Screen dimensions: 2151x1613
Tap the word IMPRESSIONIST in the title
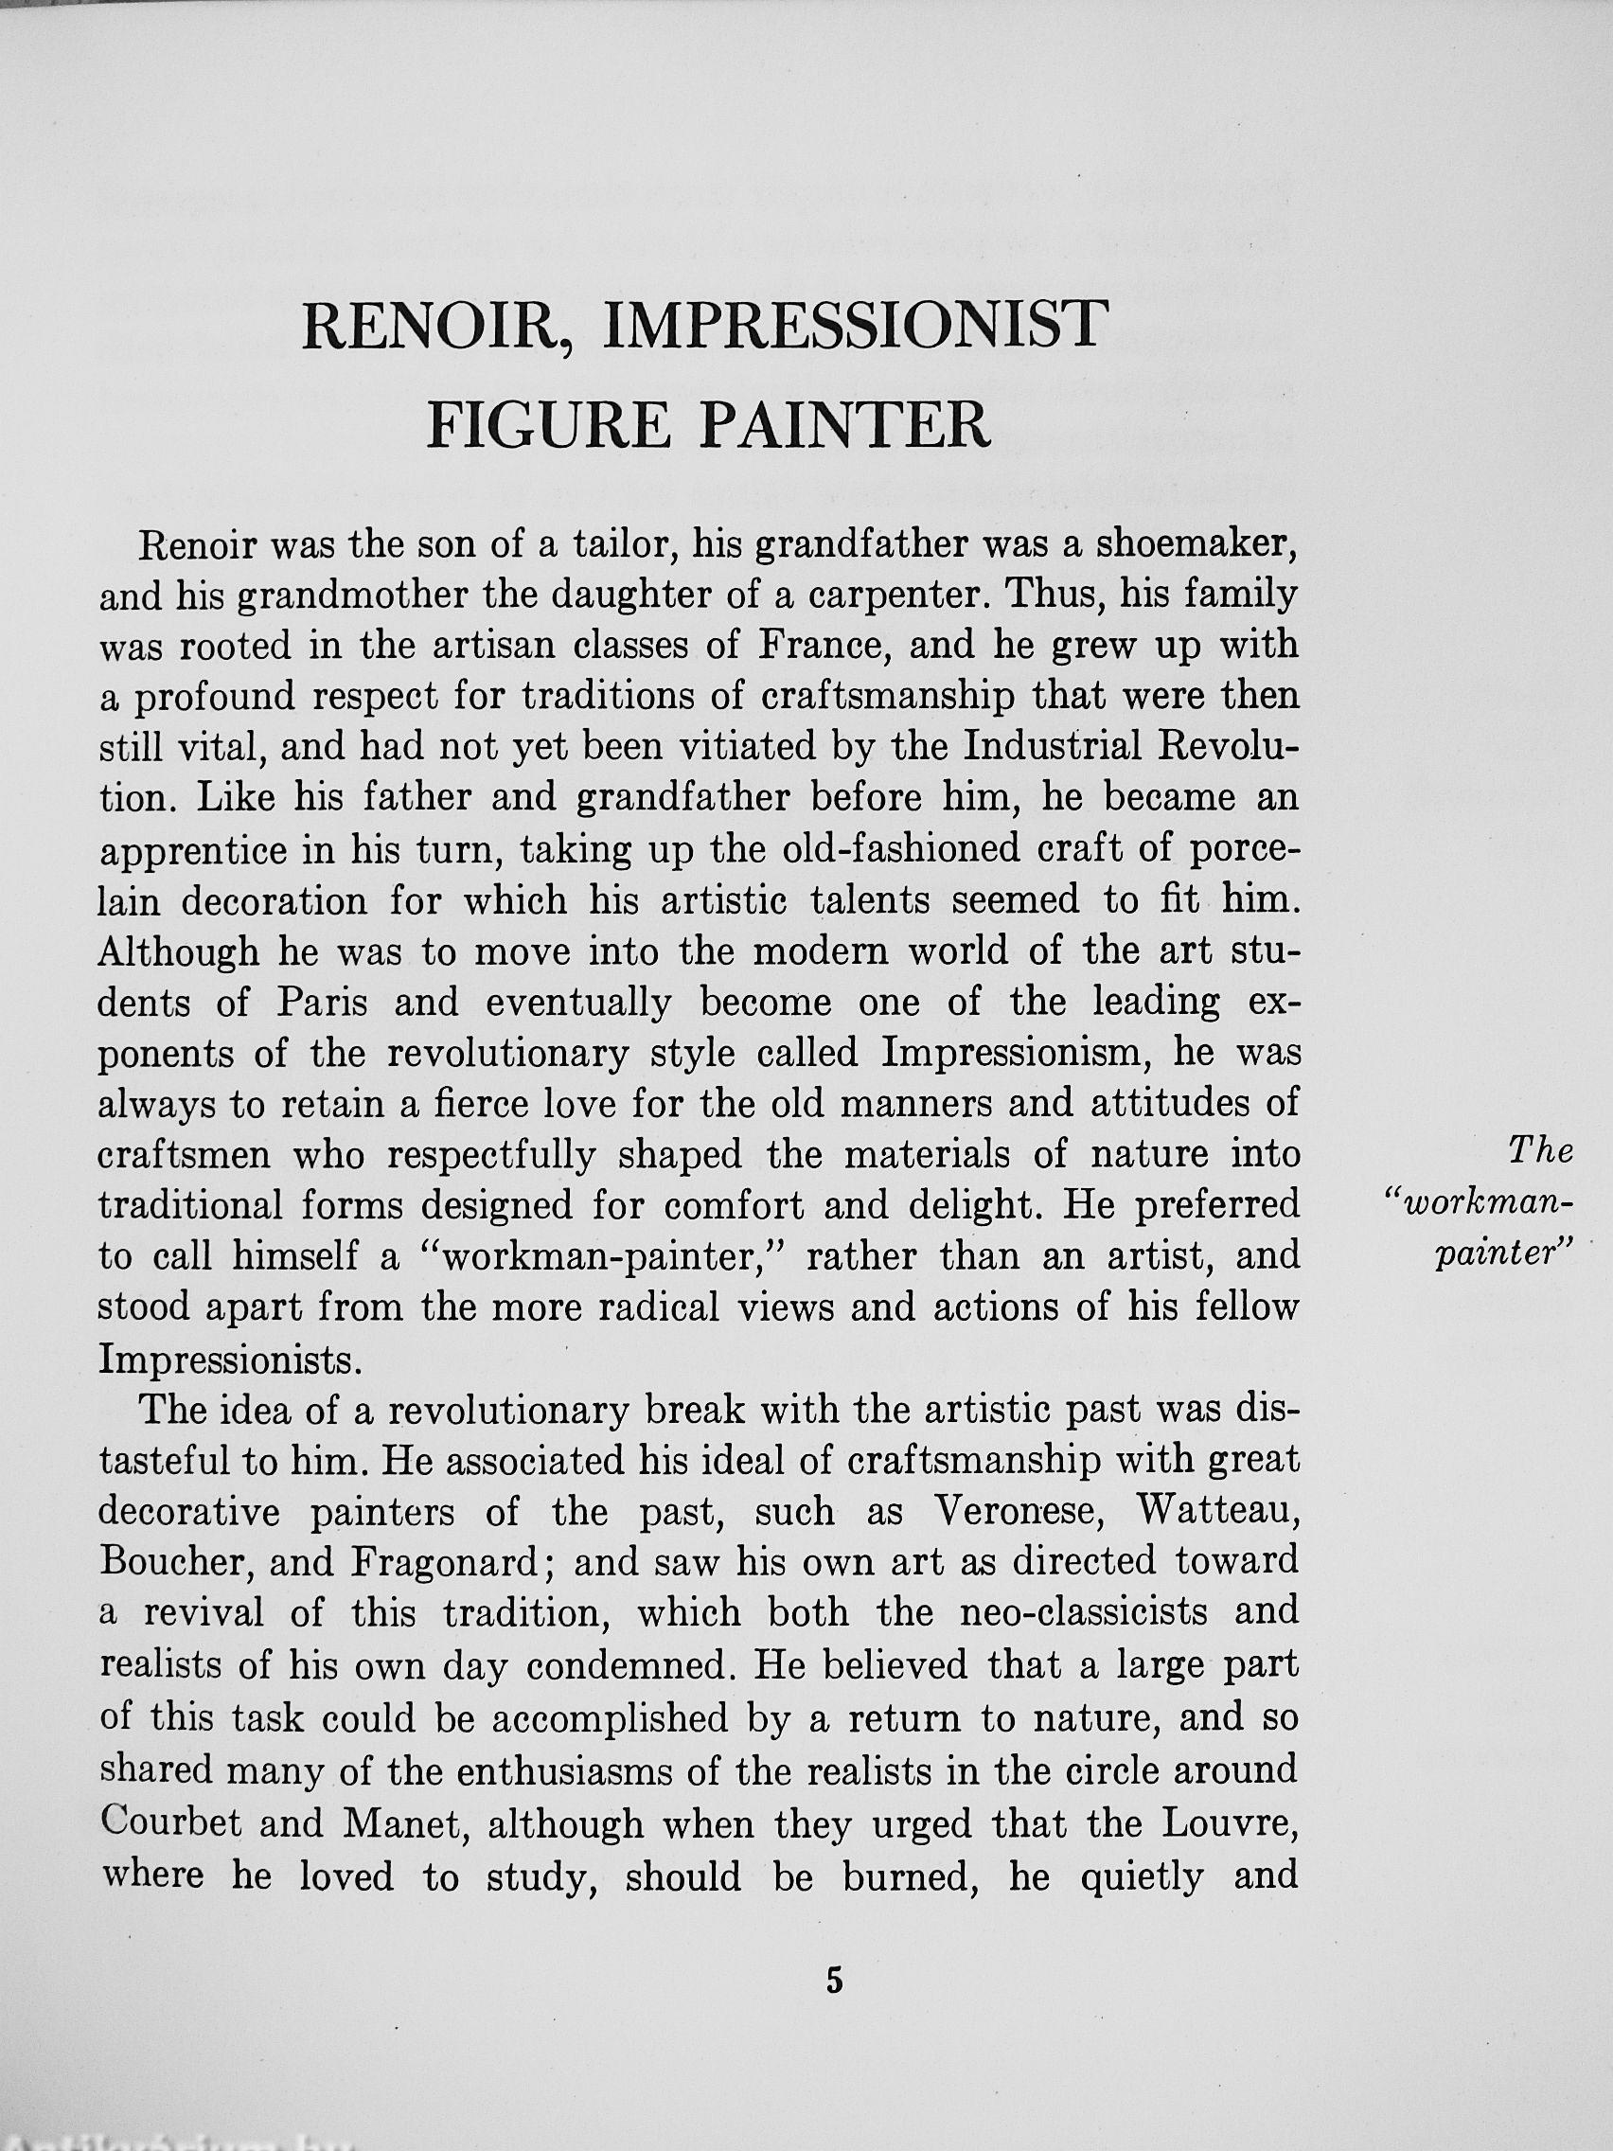855,324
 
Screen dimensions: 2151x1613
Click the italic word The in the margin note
1539,1152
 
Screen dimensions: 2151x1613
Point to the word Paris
322,1003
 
